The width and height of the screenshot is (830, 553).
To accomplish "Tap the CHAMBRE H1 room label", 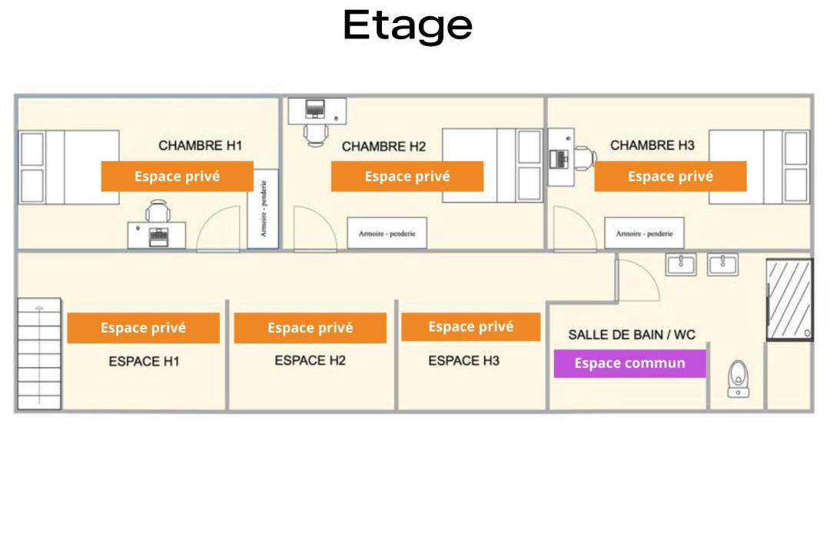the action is coord(200,145).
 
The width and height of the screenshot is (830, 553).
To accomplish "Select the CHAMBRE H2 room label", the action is coord(383,147).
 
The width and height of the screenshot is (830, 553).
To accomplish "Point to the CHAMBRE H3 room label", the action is coord(652,145).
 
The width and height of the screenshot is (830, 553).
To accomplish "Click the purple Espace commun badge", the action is coord(630,363).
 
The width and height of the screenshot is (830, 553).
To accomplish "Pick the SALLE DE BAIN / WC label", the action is coord(632,334).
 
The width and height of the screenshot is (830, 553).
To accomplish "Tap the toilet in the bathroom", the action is coord(738,379).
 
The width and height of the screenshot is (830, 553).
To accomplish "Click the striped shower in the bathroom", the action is coord(789,300).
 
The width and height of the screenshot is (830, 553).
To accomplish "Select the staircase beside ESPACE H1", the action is coord(39,354).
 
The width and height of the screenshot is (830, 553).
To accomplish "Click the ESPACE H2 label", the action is coord(310,360).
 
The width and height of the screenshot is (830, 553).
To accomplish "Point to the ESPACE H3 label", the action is coord(463,360).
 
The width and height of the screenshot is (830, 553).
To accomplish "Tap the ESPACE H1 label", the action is coord(144,362).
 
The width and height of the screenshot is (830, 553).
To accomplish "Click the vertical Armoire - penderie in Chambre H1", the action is coord(263,208).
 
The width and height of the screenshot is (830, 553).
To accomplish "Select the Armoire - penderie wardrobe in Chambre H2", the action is coord(387,233).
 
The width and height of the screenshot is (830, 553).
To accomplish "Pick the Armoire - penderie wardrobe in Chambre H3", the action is coord(644,233).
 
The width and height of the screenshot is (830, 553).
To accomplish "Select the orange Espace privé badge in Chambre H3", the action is coord(670,176).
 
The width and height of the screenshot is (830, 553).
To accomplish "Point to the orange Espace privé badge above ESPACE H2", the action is coord(310,327).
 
